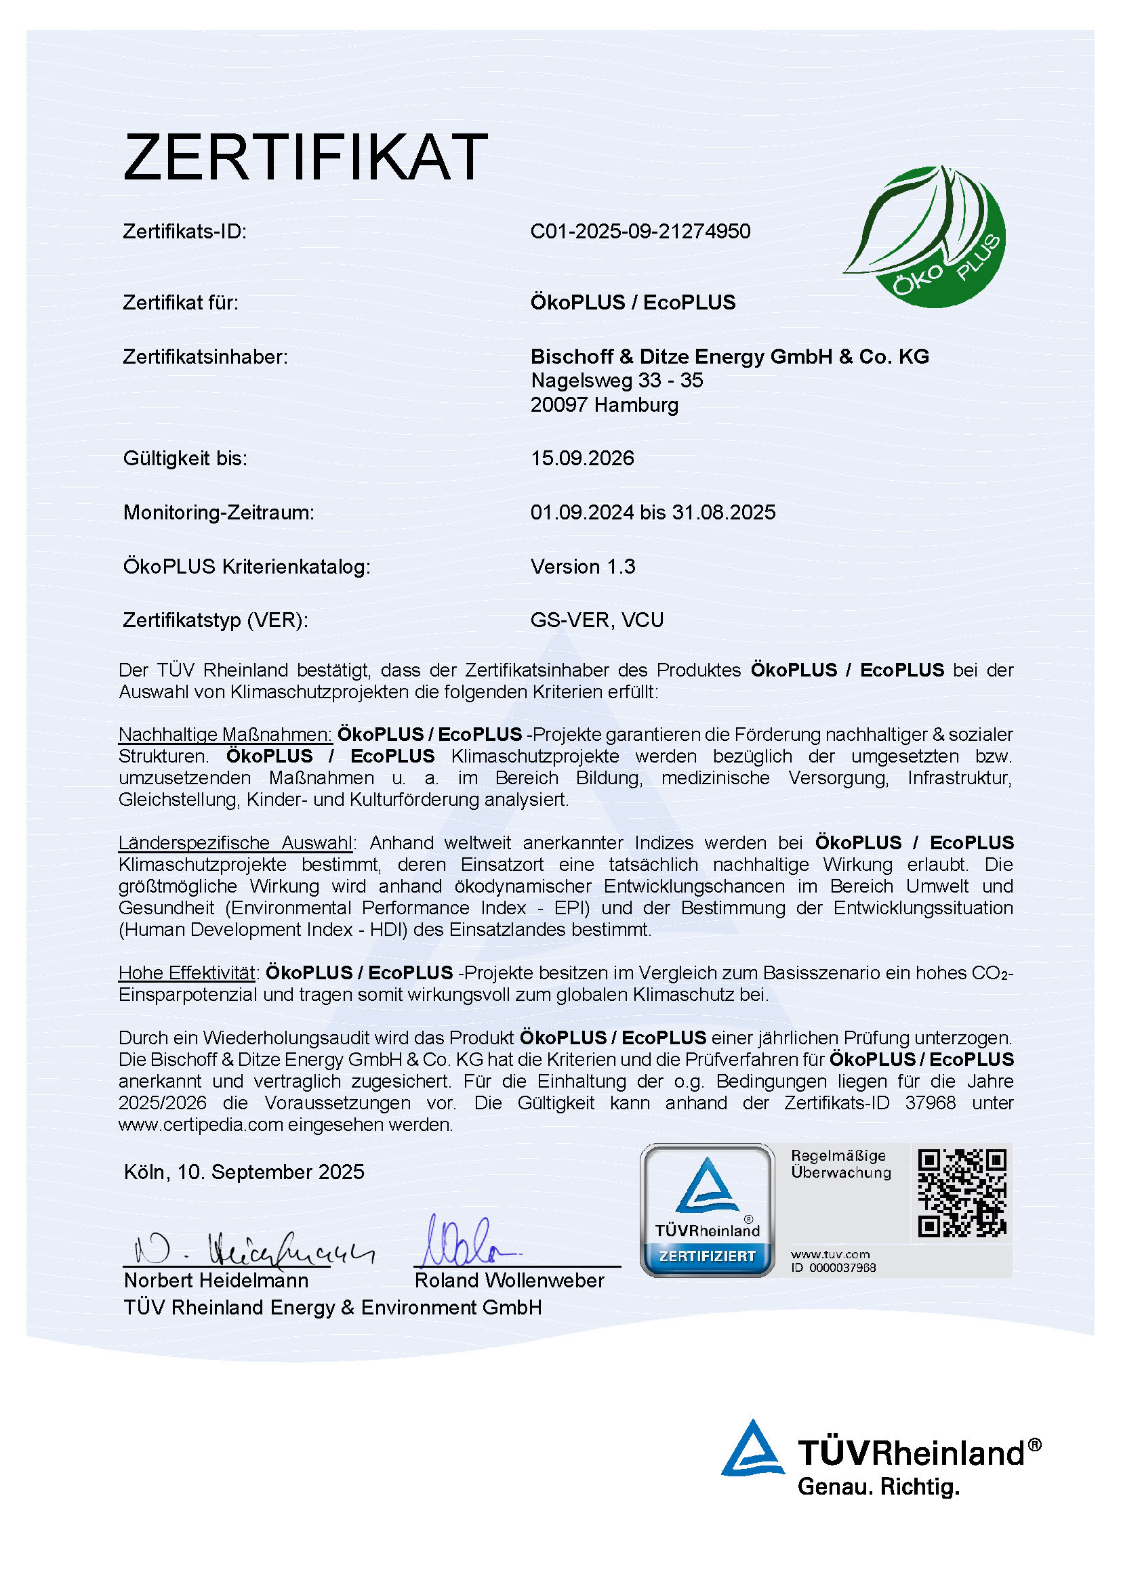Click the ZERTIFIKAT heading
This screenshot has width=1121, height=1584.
305,157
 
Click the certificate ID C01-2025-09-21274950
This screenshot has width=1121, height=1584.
640,231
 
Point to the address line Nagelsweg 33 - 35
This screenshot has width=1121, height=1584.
616,380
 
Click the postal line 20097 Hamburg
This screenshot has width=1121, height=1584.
604,405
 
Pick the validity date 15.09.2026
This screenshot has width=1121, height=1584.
582,458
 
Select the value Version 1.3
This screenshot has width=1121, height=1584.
583,566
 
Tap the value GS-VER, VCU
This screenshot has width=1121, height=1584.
596,620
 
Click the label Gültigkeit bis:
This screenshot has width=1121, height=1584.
185,458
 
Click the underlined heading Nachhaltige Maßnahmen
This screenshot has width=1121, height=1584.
225,734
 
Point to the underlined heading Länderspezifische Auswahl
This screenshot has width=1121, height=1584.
235,842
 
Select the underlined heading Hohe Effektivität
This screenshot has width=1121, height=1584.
187,972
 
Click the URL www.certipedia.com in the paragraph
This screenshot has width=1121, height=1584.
201,1125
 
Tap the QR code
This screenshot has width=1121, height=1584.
962,1193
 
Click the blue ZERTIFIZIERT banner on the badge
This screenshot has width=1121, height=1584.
707,1256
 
